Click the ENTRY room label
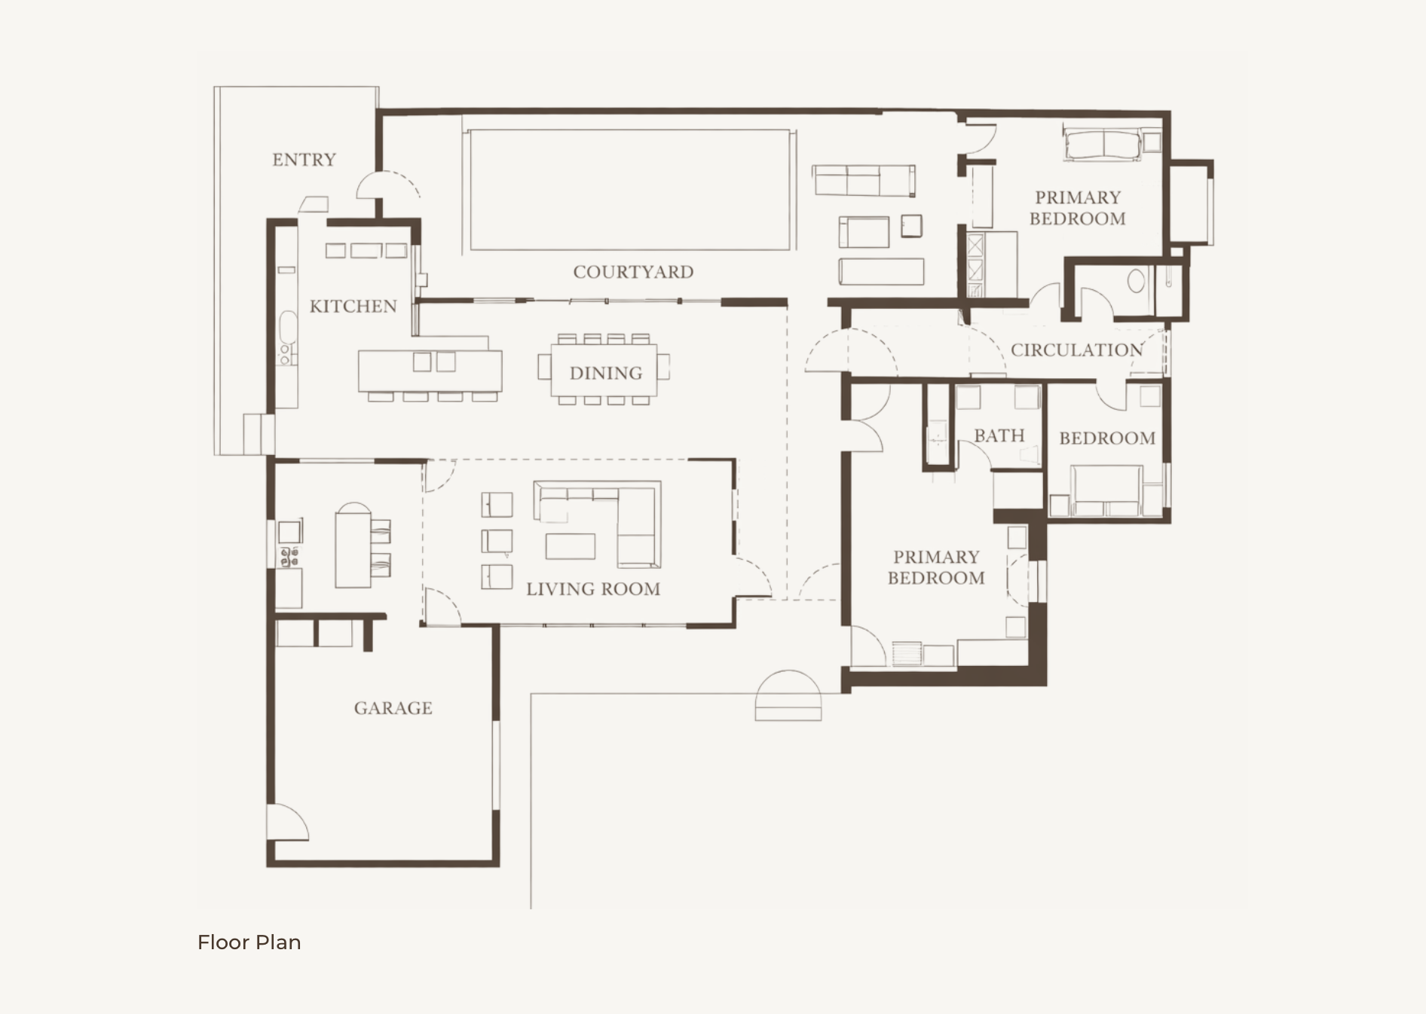304,160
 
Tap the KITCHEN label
353,307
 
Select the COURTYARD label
633,272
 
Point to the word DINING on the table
606,373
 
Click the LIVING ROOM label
593,589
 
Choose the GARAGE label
393,708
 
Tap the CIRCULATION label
1076,350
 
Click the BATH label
999,435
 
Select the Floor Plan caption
249,942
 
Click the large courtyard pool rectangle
629,189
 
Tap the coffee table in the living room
571,546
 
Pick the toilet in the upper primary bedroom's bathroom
1136,282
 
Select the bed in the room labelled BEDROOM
1106,490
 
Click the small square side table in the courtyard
910,226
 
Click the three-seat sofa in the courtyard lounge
864,181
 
